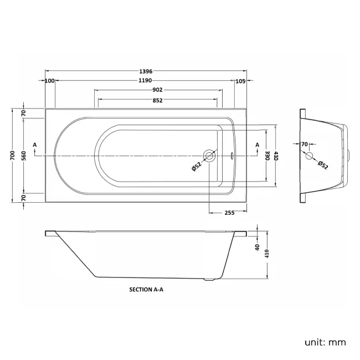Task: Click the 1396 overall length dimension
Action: tap(146, 71)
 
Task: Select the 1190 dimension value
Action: tap(145, 81)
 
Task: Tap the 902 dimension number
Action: tap(157, 90)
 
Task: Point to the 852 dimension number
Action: tap(157, 101)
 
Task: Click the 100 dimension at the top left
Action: tap(50, 81)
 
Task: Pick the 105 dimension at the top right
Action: tap(240, 81)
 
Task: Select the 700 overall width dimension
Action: tap(12, 156)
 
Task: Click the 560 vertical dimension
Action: tap(24, 156)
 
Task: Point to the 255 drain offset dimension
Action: tap(230, 213)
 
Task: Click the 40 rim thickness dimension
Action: tap(258, 247)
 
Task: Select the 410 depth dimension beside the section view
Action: tap(267, 254)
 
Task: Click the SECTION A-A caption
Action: tap(146, 290)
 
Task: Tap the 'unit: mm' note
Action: tap(325, 342)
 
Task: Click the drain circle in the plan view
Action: tap(209, 156)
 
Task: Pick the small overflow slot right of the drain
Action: tap(232, 156)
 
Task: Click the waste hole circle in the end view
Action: tap(309, 156)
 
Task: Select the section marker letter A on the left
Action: tap(35, 145)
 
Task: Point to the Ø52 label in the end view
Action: tap(323, 165)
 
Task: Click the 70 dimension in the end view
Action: tap(304, 145)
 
